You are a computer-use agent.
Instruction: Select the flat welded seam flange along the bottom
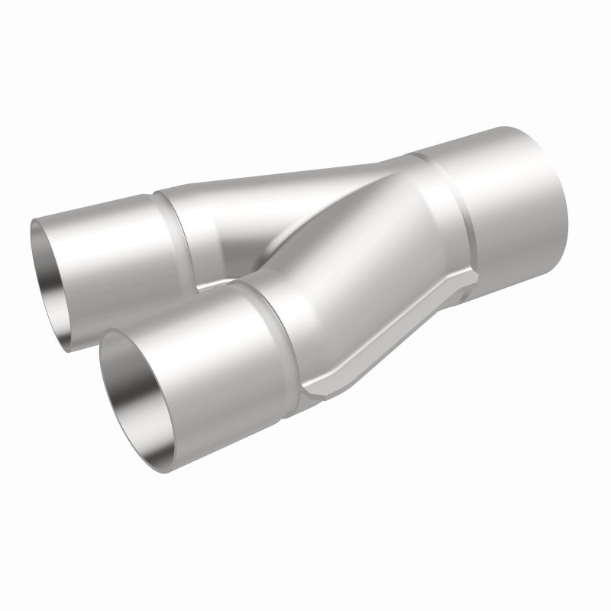click(390, 336)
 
